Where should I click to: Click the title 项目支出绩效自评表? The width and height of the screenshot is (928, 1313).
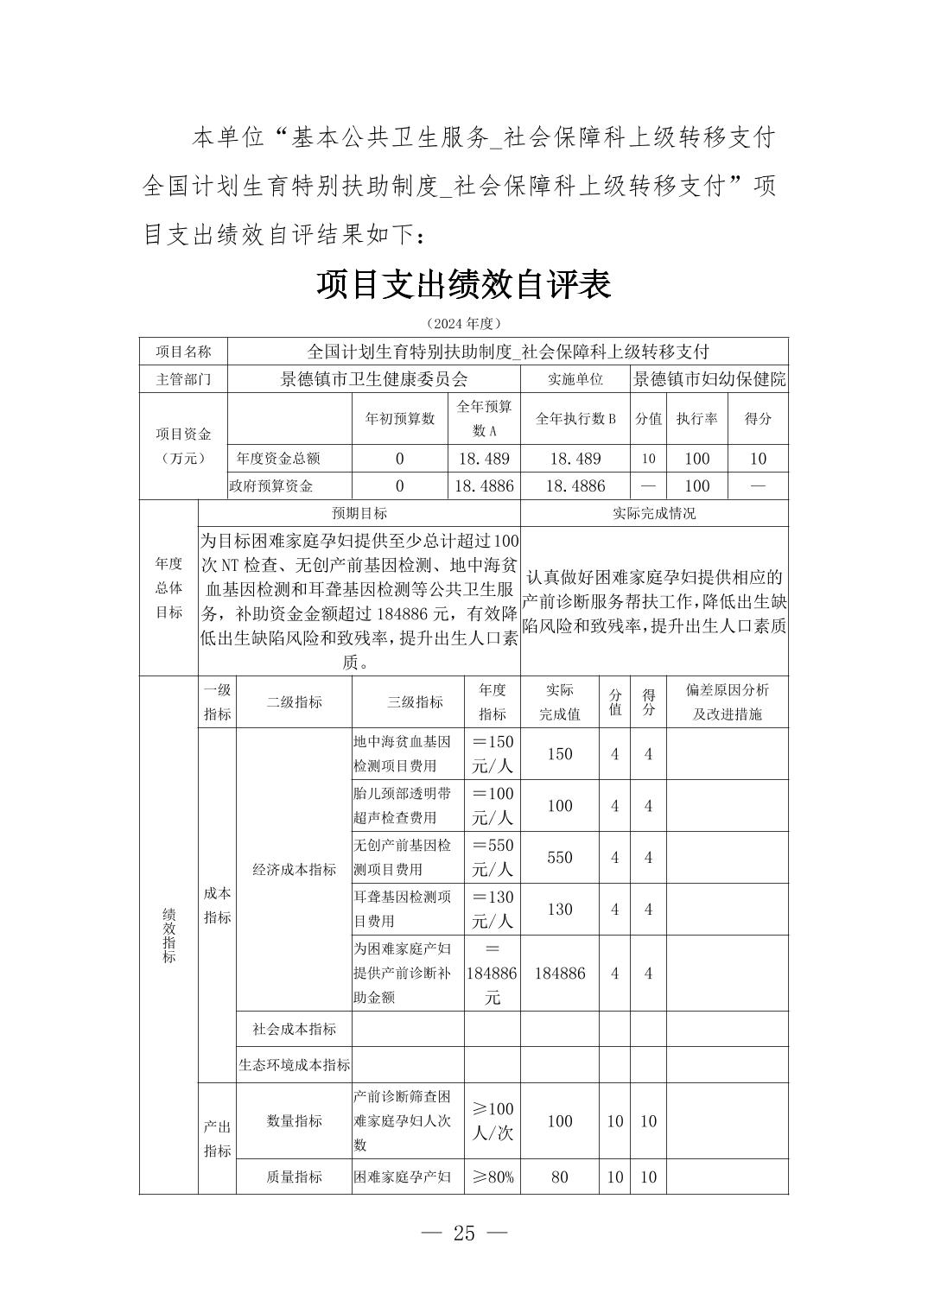464,284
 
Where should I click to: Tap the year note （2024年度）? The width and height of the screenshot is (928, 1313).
464,323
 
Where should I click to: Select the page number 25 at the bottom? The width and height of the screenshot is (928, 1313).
464,1233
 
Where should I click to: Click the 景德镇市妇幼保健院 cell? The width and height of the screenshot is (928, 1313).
709,378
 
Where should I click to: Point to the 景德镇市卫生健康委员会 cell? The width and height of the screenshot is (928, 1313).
374,378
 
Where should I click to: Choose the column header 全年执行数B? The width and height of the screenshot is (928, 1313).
575,418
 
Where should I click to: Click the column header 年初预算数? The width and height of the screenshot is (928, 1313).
400,418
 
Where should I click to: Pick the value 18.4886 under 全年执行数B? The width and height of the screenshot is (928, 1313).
575,485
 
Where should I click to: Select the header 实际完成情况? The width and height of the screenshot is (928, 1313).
654,513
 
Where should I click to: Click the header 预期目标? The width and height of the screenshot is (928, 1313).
359,513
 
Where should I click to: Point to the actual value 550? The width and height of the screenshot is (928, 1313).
560,858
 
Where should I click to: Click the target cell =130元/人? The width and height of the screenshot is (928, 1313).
493,909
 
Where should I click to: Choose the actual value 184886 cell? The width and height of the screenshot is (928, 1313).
560,973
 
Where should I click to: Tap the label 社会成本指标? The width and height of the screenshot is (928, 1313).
295,1029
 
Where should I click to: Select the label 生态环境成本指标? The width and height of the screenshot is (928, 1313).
295,1065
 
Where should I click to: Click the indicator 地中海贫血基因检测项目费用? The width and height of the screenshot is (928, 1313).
407,753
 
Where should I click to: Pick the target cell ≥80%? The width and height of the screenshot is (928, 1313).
493,1177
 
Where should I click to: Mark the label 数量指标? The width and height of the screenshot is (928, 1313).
295,1120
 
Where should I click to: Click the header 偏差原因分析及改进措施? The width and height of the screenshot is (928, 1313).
727,701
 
